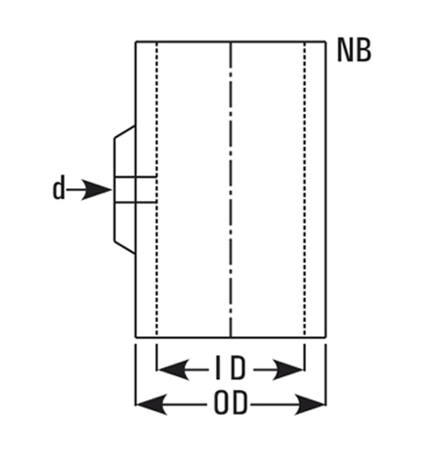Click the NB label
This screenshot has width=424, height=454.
[x=354, y=50]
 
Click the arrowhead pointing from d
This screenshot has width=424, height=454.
[x=97, y=190]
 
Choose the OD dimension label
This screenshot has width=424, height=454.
[x=231, y=402]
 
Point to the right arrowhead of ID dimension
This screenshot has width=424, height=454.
[x=288, y=370]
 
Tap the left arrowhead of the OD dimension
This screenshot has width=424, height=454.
[x=152, y=404]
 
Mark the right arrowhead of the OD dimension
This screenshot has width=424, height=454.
[x=310, y=404]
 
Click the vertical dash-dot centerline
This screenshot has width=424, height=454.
[x=231, y=189]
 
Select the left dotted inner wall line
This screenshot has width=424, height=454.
[x=157, y=189]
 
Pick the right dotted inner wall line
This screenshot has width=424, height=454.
[x=305, y=189]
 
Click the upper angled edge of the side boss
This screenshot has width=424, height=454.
[x=125, y=132]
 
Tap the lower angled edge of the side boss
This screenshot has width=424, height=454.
[x=125, y=247]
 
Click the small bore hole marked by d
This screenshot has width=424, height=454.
[x=136, y=189]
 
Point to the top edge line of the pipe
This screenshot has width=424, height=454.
[x=231, y=42]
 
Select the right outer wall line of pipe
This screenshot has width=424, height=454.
[x=326, y=189]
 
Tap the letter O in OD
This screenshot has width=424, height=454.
[x=221, y=402]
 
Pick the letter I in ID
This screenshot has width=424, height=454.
[x=218, y=369]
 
